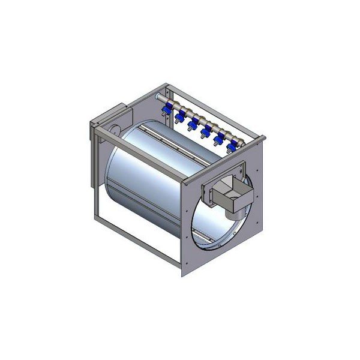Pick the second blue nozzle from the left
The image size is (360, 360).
tap(179, 116)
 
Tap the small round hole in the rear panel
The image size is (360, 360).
tap(114, 127)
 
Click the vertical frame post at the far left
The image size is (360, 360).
tap(95, 174)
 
